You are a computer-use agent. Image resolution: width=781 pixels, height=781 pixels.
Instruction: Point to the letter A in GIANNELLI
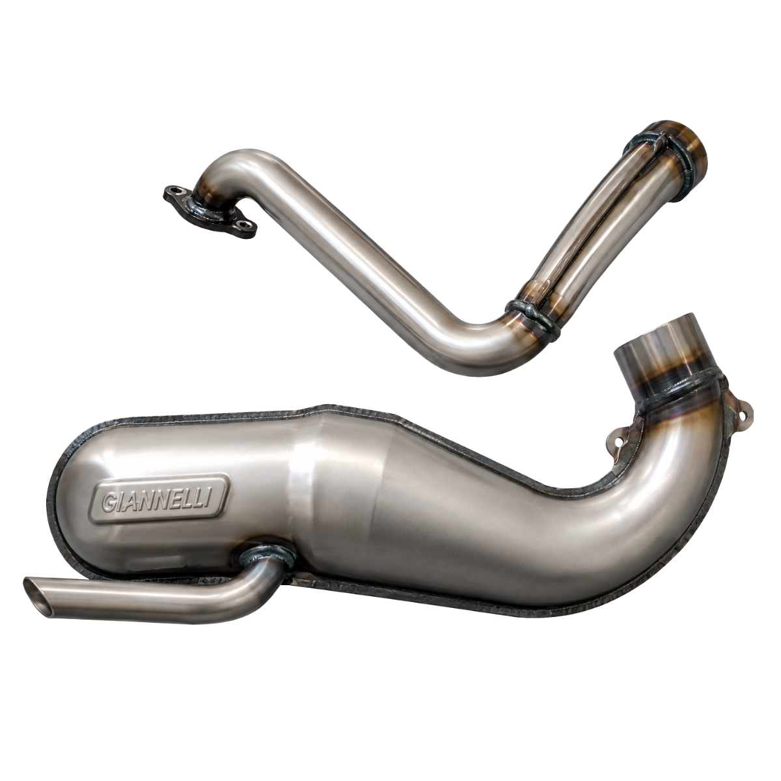click(x=131, y=502)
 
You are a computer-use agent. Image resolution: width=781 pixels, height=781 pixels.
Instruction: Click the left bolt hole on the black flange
click(x=177, y=190)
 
